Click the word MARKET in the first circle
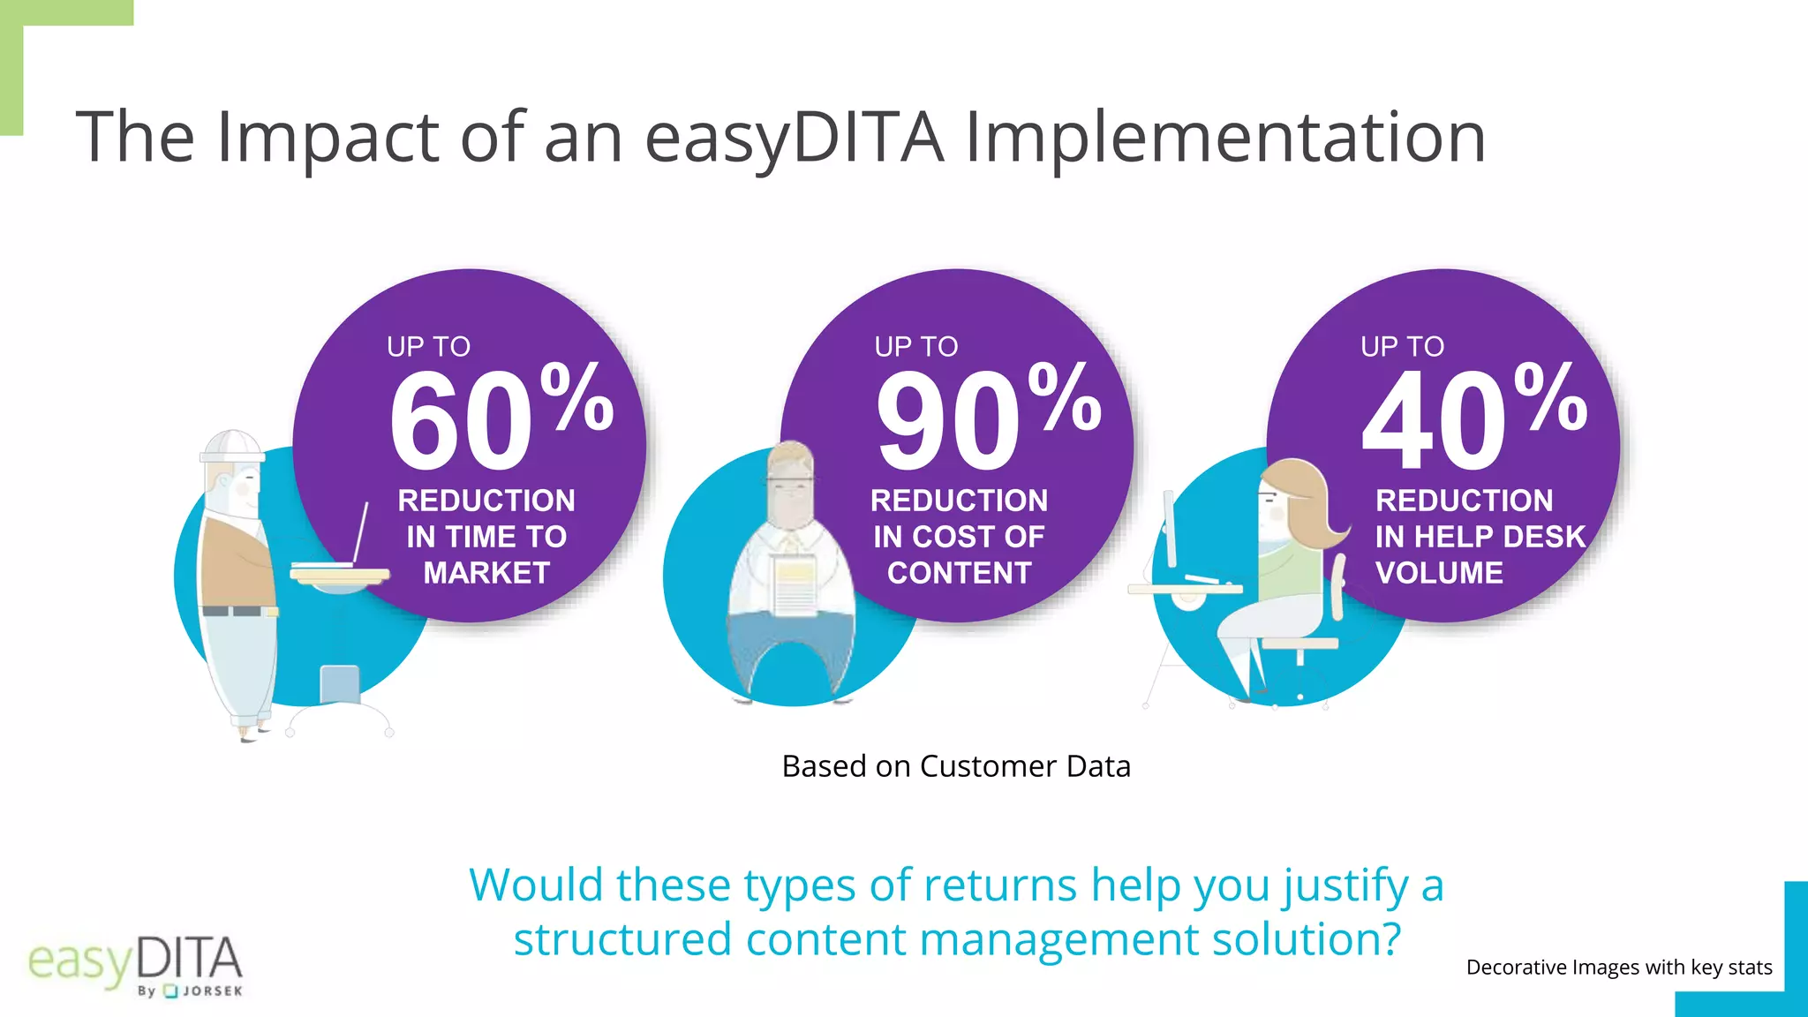tap(486, 573)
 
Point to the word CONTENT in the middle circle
tap(959, 573)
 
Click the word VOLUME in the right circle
tap(1439, 573)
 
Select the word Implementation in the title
tap(1225, 137)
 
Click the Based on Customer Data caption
tap(956, 766)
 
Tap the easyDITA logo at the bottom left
tap(135, 965)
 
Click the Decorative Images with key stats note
tap(1618, 968)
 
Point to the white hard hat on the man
tap(231, 446)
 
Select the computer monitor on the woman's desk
tap(1170, 530)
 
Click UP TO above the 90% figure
tap(915, 347)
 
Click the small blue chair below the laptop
tap(340, 685)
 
